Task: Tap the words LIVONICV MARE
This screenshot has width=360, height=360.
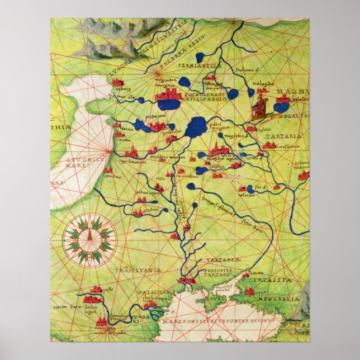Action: click(x=81, y=162)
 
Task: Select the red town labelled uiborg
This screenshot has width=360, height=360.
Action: click(x=118, y=83)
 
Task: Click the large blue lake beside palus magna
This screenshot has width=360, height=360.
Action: click(x=196, y=127)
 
